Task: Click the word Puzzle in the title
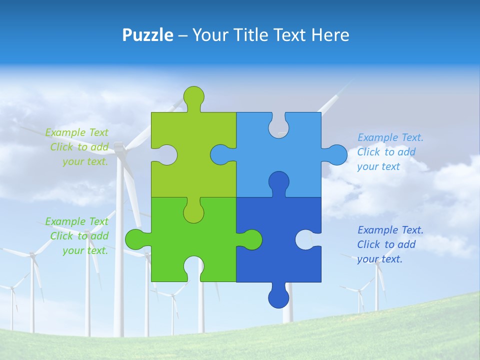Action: [x=147, y=35]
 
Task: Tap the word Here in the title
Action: [x=330, y=35]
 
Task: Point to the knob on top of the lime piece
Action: [x=193, y=96]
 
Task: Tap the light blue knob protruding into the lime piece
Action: [x=220, y=154]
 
